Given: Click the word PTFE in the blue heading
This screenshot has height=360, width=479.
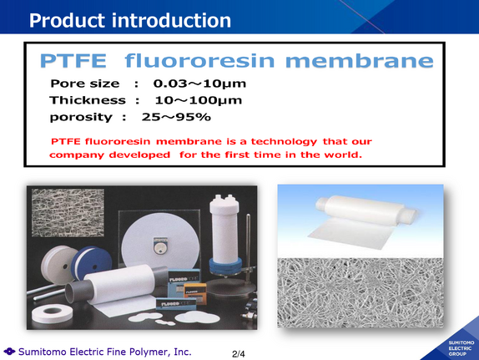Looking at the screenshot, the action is point(73,61).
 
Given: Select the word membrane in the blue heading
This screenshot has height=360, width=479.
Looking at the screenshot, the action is point(360,61).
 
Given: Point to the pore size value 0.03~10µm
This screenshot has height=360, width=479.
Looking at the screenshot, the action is point(199,84).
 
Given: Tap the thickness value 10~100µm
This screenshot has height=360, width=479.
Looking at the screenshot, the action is point(199,100).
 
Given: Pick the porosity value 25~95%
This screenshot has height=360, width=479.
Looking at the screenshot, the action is point(176,117).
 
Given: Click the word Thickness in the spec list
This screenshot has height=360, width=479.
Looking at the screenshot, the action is point(88,100).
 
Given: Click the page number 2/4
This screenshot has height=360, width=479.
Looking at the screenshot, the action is point(239,354).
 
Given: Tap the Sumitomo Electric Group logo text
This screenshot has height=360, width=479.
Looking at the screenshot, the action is point(461,348).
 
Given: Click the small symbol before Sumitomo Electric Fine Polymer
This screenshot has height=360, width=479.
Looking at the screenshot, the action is point(9,352).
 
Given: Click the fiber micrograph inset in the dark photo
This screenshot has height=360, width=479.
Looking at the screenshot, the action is point(68,213).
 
